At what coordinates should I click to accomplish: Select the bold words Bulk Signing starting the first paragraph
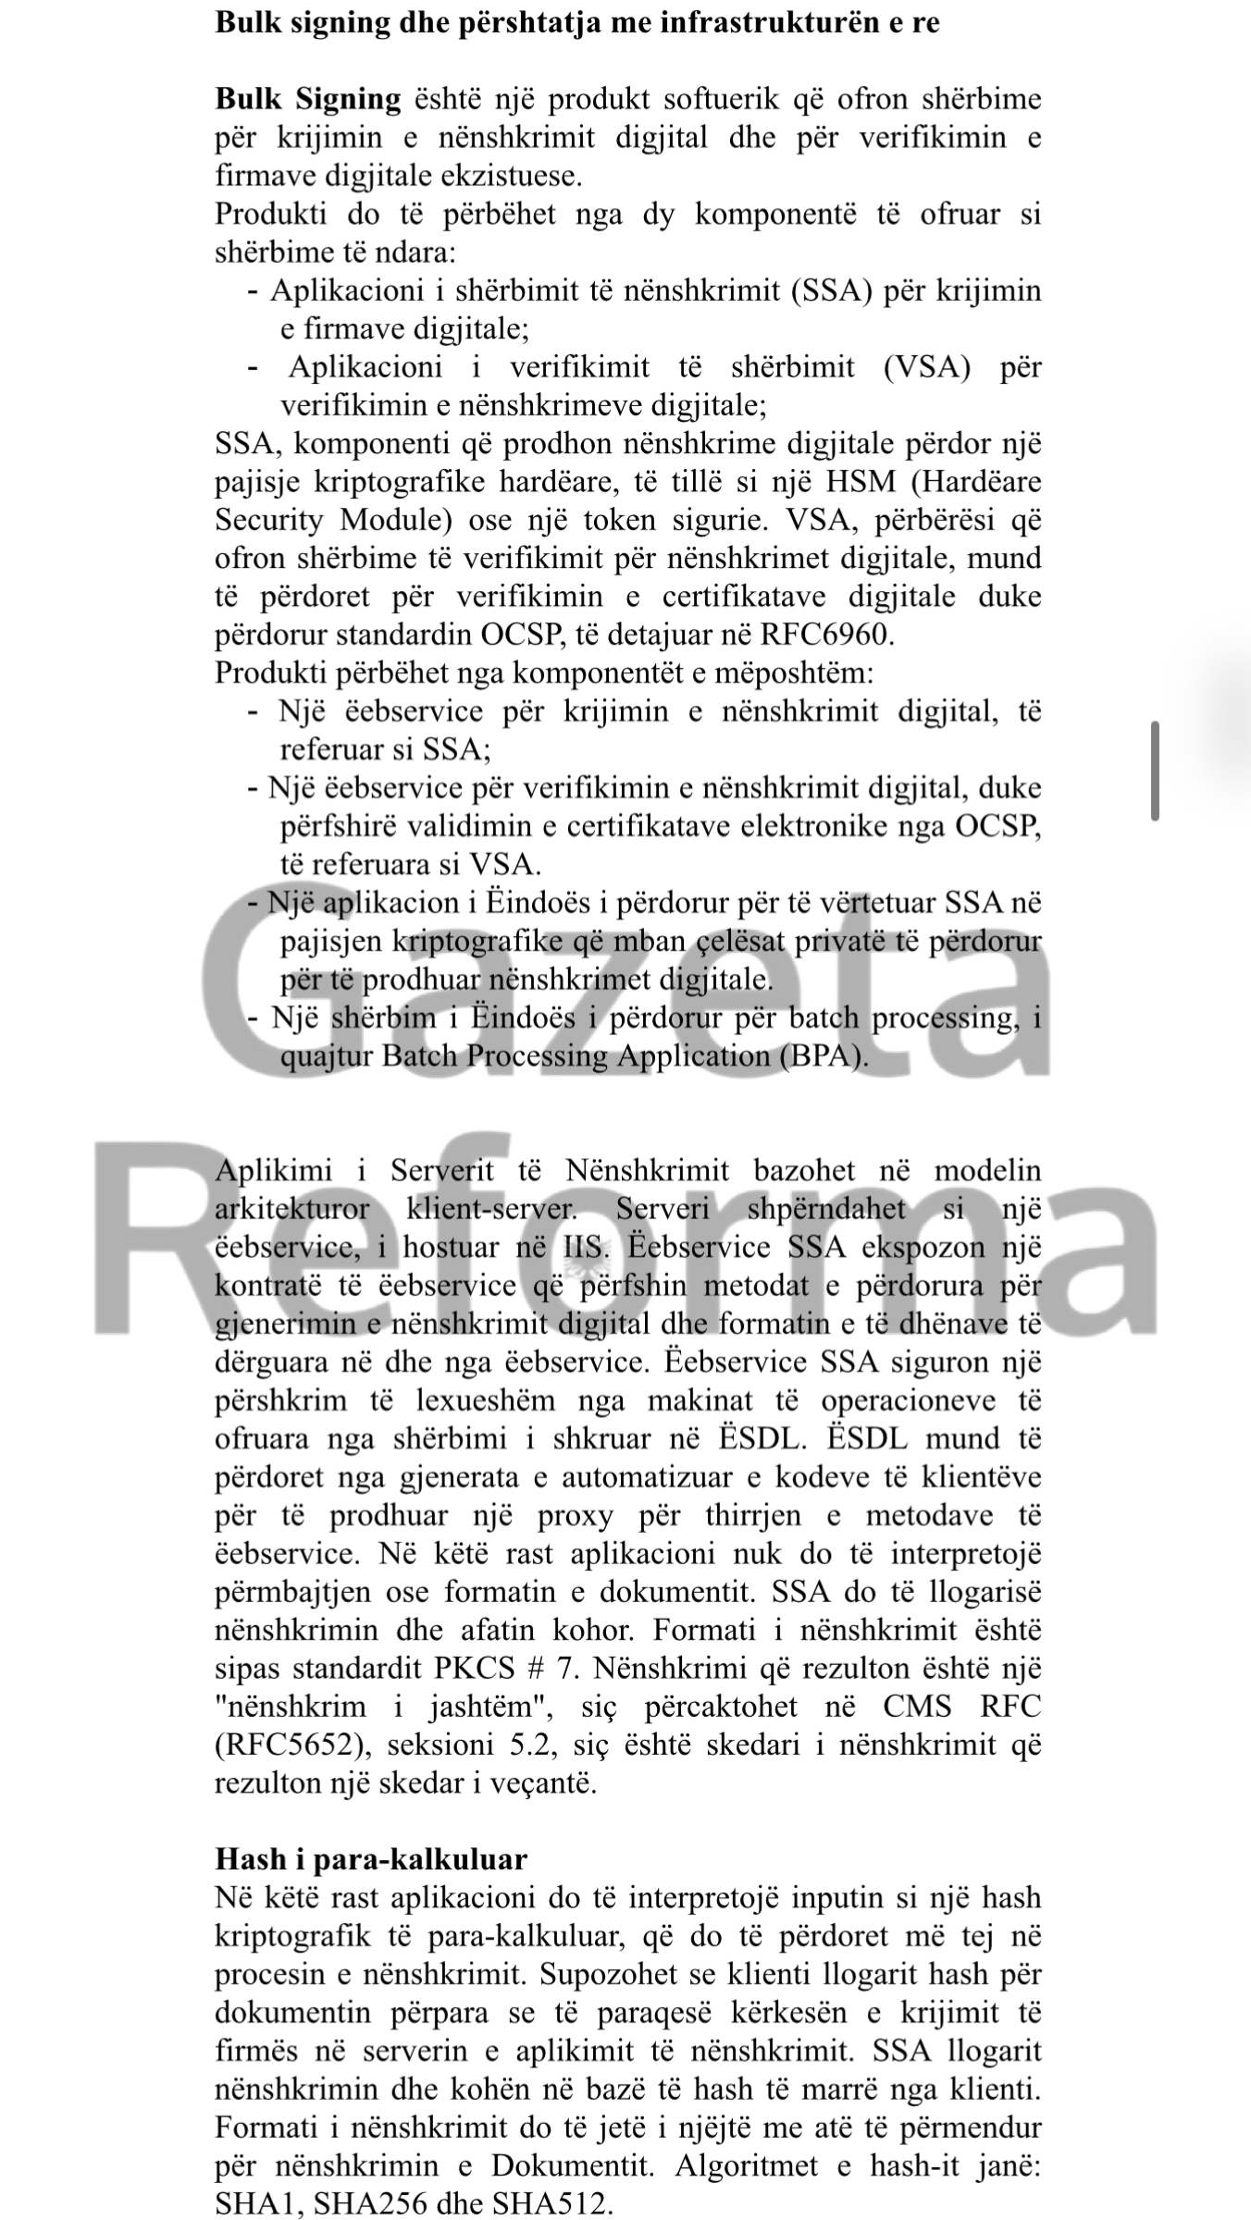click(308, 99)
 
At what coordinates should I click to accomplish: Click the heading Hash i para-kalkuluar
click(371, 1859)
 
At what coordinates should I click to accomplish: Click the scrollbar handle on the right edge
click(1155, 771)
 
